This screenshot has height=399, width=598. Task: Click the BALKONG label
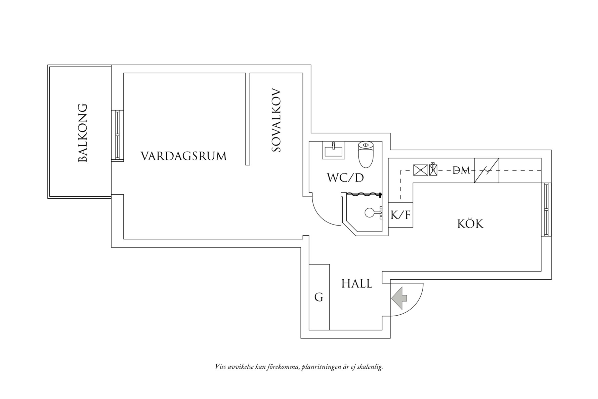pos(83,133)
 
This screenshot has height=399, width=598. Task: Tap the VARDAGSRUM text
pos(183,156)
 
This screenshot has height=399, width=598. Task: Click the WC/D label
pos(345,178)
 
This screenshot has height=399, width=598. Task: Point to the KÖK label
pos(470,224)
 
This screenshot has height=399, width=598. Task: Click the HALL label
pos(357,284)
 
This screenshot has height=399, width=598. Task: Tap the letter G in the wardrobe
pos(318,297)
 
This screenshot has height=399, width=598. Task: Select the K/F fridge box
pos(400,215)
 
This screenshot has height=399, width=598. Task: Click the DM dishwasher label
pos(461,170)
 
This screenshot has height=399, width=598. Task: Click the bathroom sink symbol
pos(333,150)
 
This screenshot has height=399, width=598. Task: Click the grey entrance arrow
pos(399,298)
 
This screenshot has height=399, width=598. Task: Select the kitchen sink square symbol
pos(421,170)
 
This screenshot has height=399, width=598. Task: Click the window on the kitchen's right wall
pos(546,210)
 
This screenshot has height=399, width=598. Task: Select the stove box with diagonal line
pos(486,170)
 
